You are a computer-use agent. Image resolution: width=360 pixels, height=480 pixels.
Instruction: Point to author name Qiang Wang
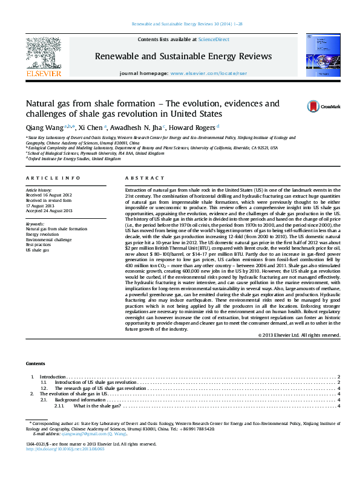(44, 128)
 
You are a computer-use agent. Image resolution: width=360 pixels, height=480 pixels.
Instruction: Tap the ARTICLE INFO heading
(53, 178)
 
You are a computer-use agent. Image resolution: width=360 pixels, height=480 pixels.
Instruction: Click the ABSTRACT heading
(145, 178)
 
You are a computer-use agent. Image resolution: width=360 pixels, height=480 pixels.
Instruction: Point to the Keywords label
(36, 241)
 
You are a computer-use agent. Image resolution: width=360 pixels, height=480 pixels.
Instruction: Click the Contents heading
(35, 363)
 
